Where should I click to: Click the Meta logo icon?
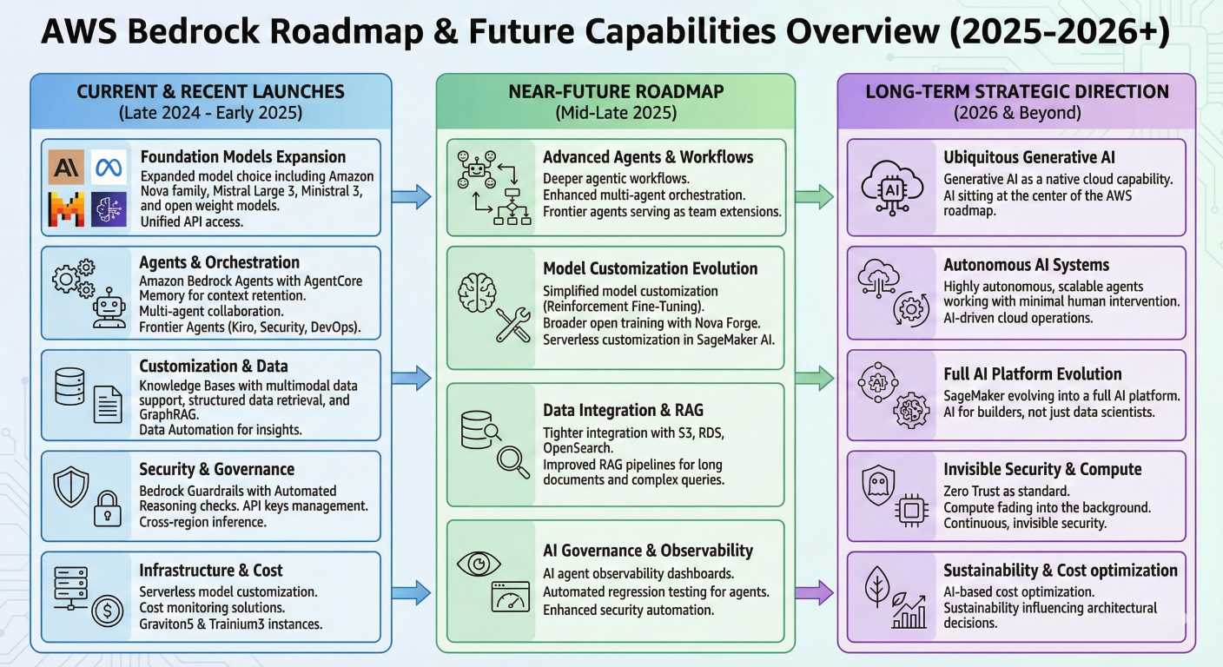[x=109, y=166]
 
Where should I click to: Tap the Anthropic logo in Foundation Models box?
[x=66, y=166]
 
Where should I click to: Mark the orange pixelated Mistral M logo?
[x=66, y=208]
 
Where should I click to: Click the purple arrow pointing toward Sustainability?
[x=814, y=594]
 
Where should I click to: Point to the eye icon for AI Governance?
[x=478, y=563]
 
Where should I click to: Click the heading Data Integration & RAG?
[x=623, y=410]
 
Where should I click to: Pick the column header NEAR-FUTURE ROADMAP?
[x=615, y=91]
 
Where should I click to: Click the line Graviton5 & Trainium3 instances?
[x=230, y=624]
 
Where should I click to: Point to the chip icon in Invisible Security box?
[x=911, y=511]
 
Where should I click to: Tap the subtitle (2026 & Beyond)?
[x=1016, y=112]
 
